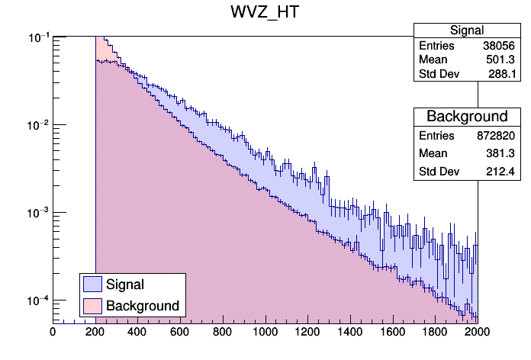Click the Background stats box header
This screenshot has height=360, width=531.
click(x=467, y=117)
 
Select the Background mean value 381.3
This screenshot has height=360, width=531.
click(x=504, y=153)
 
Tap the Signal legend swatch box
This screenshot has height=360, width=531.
click(x=92, y=284)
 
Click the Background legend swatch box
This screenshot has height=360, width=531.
click(x=92, y=306)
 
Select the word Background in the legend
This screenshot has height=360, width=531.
click(x=143, y=306)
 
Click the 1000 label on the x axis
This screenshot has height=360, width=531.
click(x=265, y=332)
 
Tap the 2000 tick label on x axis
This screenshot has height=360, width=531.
click(x=478, y=332)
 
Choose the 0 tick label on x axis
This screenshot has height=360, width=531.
click(x=53, y=332)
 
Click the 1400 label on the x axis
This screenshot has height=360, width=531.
click(x=350, y=332)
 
